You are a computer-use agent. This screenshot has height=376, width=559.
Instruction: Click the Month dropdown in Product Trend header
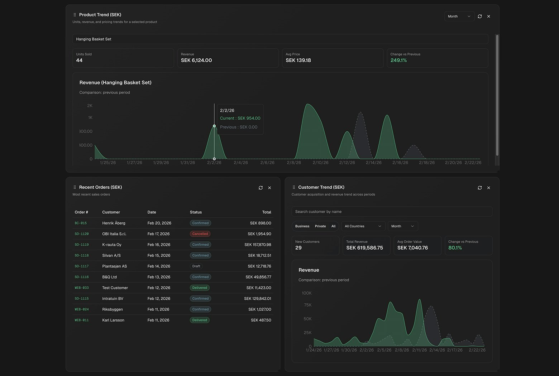(459, 16)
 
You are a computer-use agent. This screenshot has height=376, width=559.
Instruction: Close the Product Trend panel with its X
(488, 16)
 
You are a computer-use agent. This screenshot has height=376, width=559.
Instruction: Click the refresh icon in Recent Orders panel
(261, 188)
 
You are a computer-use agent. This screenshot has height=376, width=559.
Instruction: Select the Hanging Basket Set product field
(280, 39)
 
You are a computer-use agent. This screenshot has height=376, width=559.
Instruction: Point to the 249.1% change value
(398, 61)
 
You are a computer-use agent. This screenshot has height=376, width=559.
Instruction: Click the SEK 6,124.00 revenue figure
(196, 61)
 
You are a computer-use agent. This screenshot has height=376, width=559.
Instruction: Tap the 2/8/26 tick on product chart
(294, 163)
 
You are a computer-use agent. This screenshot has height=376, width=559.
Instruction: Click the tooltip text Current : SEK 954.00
(240, 118)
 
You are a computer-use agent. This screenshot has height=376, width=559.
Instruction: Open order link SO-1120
(82, 234)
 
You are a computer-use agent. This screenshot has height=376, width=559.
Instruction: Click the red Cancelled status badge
(200, 234)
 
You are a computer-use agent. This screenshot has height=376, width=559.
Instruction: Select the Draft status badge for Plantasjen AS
(196, 266)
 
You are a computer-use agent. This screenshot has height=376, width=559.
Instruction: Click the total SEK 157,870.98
(258, 245)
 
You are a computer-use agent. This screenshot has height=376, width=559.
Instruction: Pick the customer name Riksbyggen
(113, 309)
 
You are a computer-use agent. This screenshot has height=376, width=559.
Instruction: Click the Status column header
(196, 212)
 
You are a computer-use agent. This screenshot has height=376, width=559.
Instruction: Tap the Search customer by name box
(392, 212)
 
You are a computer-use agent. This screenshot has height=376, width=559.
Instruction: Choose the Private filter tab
(320, 226)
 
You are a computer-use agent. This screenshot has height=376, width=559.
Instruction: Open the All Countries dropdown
(363, 226)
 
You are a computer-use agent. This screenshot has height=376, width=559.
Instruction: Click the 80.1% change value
(455, 248)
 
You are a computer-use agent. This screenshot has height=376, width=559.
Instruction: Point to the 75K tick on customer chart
(307, 305)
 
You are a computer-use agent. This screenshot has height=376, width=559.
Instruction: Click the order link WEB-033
(82, 288)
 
